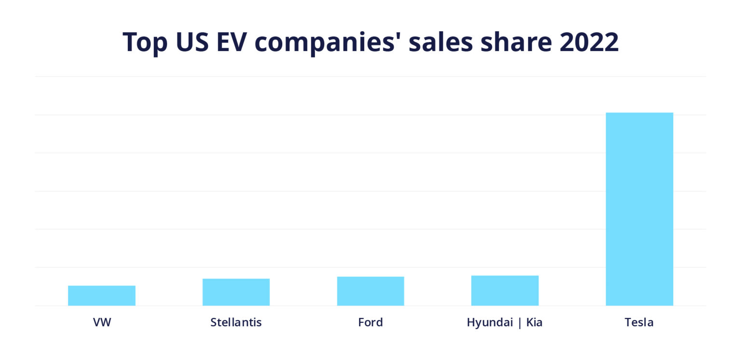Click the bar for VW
click(x=102, y=295)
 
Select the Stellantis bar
click(x=236, y=292)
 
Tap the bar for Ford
click(x=370, y=291)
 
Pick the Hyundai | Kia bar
click(x=505, y=291)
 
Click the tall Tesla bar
click(x=639, y=209)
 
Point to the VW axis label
click(x=102, y=322)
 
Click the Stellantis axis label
click(x=236, y=322)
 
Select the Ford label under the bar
click(x=370, y=322)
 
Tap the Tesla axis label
click(x=639, y=322)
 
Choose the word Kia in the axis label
click(x=534, y=322)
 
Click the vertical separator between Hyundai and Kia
click(x=520, y=322)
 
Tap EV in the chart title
click(x=233, y=42)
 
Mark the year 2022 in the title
click(x=589, y=42)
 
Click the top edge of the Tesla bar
click(x=639, y=113)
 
